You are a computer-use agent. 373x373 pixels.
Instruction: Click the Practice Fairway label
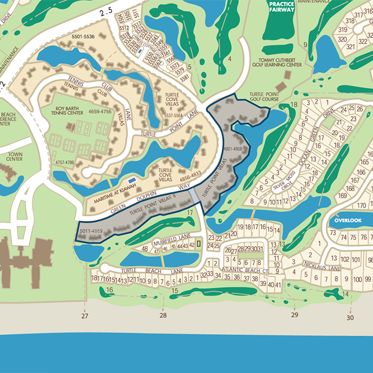click(281, 6)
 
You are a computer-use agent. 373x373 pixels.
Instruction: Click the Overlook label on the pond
click(348, 220)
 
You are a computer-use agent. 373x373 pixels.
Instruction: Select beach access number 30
click(350, 318)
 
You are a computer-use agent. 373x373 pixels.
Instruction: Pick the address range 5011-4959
click(90, 232)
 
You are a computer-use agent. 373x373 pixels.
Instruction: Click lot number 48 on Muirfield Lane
click(144, 249)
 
